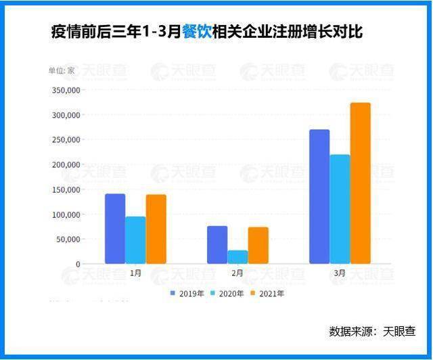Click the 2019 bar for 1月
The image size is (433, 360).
[115, 229]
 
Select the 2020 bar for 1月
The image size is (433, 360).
[135, 240]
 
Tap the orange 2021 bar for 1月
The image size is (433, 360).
[156, 229]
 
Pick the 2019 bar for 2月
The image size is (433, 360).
[217, 245]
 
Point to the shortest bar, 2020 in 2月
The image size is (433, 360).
[237, 257]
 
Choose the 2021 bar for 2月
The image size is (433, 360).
[258, 246]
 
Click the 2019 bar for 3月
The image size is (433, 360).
[319, 196]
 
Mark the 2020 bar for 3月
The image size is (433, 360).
[340, 209]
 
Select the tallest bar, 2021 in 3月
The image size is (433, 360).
[361, 183]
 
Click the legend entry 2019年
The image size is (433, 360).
[189, 294]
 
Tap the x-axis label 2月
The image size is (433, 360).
[237, 273]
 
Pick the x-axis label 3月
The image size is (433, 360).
[340, 273]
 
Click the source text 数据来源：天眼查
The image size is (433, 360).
[371, 332]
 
